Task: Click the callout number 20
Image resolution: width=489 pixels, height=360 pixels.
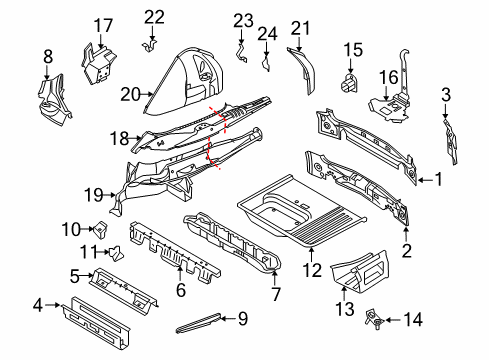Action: coord(131,94)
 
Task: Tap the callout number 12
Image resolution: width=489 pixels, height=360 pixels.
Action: coord(312,270)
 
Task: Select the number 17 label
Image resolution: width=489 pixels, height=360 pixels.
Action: coord(103,26)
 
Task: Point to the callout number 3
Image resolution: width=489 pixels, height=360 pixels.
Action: coord(446,95)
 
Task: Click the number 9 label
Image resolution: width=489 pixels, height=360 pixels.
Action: coord(243,319)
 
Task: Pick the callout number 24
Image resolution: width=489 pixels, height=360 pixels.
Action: coord(267,34)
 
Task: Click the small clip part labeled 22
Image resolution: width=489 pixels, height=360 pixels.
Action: coord(149,46)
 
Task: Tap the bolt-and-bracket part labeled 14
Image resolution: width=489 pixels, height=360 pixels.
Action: coord(374,319)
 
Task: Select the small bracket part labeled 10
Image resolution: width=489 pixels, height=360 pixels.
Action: coord(101,229)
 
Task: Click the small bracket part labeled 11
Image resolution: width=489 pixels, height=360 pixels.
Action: coord(116,254)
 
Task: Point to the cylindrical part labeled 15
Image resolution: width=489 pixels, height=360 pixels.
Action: coord(349,83)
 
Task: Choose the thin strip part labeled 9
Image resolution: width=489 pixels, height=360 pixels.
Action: coord(198,323)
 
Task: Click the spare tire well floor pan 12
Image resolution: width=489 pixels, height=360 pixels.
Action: coord(302,212)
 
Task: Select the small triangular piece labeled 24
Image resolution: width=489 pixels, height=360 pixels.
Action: coord(266,65)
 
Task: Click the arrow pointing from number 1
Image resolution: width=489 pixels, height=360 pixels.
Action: coord(426,180)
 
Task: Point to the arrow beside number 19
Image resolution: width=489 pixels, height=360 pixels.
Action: coord(109,195)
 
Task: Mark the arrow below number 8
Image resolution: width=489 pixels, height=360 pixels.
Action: coord(47,72)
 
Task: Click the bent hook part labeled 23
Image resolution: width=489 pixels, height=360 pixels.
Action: coord(241,53)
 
